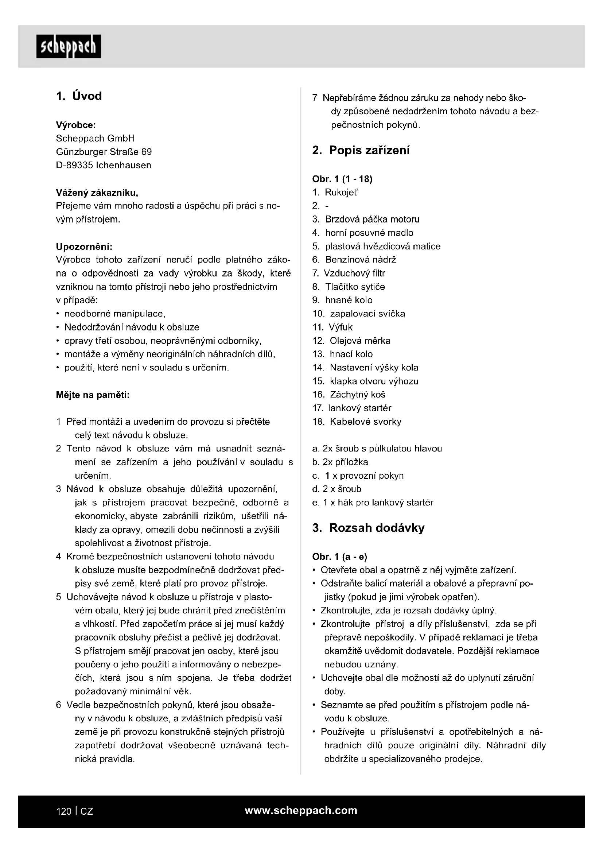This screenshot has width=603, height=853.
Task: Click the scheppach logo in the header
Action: point(69,46)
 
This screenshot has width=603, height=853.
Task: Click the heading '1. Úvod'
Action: point(79,96)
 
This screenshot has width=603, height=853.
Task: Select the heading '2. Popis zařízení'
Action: point(361,151)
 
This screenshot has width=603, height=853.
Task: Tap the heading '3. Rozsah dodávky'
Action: point(368,528)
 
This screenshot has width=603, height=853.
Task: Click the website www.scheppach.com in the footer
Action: point(301,811)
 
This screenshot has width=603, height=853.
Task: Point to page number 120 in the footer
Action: point(63,811)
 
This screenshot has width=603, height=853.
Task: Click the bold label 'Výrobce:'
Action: point(76,125)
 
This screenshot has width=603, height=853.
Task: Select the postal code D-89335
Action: point(74,165)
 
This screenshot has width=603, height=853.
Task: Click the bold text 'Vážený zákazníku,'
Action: point(97,193)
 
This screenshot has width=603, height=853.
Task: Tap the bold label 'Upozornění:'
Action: point(84,247)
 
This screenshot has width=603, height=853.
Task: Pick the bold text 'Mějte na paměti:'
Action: point(93,395)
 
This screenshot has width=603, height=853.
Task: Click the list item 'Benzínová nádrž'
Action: point(361,260)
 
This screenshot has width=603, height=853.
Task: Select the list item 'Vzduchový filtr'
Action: point(354,274)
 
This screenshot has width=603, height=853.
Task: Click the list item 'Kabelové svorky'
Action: point(365,422)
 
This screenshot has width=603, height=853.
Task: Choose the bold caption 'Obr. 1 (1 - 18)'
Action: point(342,179)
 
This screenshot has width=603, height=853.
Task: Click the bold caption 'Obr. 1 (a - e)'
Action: point(339,557)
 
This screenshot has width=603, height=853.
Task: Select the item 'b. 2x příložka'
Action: point(340,462)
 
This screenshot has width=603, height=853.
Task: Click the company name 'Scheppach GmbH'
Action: point(96,139)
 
